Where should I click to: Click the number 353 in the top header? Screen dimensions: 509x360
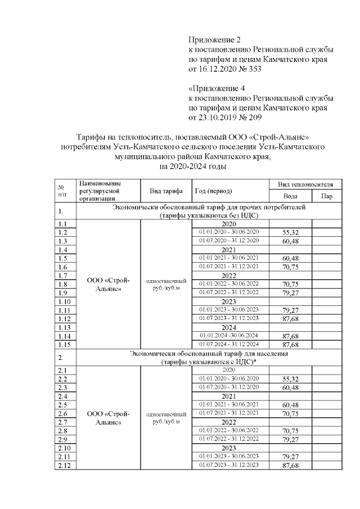[253, 69]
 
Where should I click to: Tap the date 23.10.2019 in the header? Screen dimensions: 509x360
[219, 118]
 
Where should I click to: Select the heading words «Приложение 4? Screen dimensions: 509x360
[216, 88]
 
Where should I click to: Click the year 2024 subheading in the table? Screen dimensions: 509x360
[228, 327]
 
